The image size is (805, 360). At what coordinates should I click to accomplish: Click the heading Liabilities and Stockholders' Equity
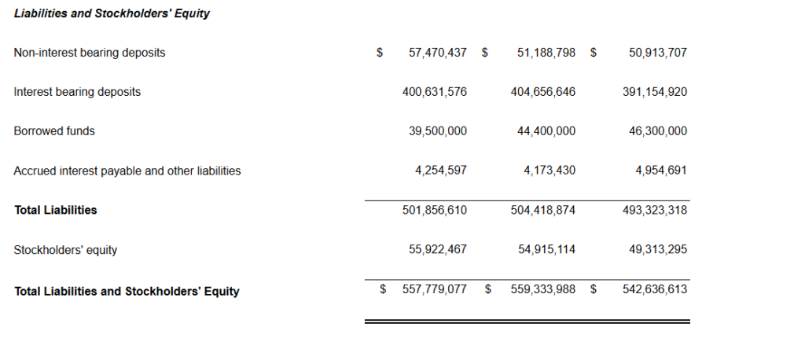click(x=112, y=13)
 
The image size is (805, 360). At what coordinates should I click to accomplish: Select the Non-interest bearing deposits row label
click(x=90, y=53)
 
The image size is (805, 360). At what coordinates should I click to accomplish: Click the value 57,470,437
click(x=438, y=53)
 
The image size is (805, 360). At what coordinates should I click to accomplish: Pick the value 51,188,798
click(x=546, y=53)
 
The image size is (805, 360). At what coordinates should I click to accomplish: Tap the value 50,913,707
click(x=658, y=53)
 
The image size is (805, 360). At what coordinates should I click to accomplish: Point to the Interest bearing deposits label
click(x=77, y=92)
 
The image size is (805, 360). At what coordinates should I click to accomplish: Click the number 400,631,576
click(x=434, y=92)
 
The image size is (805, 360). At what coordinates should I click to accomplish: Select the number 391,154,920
click(x=654, y=92)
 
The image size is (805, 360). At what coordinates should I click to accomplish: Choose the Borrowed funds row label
click(x=54, y=131)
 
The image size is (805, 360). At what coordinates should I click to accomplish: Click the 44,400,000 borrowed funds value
click(x=546, y=131)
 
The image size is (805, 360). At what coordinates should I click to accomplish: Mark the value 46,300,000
click(x=658, y=131)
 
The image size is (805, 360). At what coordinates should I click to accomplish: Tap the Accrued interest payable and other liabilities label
click(x=127, y=171)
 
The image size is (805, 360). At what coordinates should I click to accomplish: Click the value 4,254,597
click(x=441, y=171)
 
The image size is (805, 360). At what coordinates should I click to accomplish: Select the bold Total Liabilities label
click(x=56, y=210)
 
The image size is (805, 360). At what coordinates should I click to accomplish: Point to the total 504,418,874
click(x=542, y=210)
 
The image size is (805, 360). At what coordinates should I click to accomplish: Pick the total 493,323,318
click(x=654, y=210)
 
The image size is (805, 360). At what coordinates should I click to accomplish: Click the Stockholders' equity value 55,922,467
click(x=438, y=250)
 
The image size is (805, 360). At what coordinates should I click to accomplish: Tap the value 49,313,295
click(x=658, y=250)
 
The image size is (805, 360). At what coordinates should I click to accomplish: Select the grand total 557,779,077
click(x=434, y=289)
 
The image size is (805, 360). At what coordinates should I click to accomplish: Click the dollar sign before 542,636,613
click(x=594, y=289)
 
